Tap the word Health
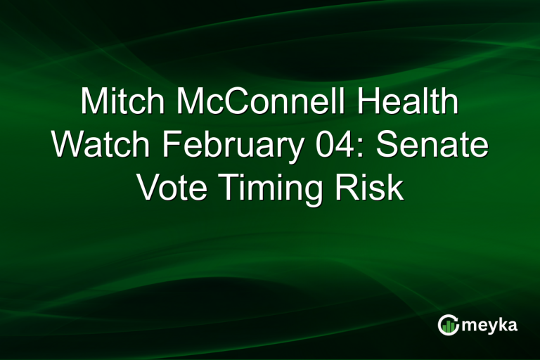406,103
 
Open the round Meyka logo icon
448,324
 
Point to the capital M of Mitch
94,103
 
